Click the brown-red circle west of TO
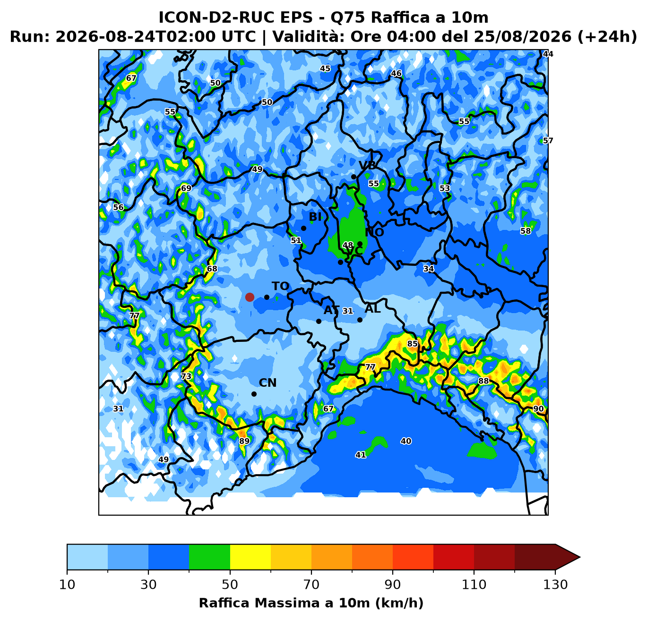click(250, 297)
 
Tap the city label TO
click(280, 286)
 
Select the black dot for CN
click(254, 394)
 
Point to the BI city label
click(315, 217)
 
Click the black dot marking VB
click(354, 177)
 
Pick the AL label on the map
click(372, 309)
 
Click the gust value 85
click(412, 344)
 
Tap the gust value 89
click(244, 441)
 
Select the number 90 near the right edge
click(538, 409)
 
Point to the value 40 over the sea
click(406, 441)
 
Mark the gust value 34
click(429, 269)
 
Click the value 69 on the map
click(186, 188)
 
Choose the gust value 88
click(483, 381)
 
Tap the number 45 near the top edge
click(325, 68)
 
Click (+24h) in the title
click(606, 36)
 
